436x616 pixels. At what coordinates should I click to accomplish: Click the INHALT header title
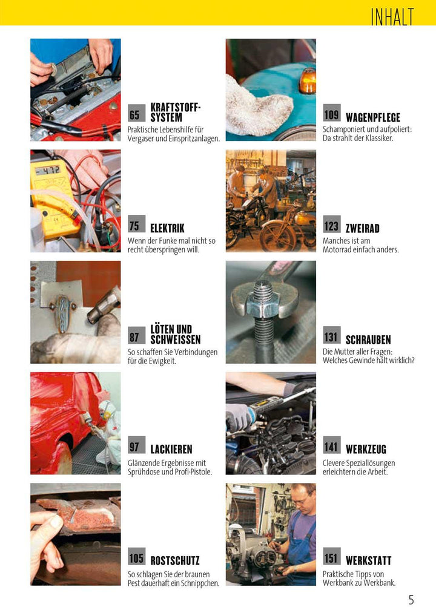click(x=392, y=17)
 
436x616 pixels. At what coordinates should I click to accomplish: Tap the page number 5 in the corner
click(x=411, y=600)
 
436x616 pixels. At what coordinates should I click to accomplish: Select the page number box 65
click(x=134, y=115)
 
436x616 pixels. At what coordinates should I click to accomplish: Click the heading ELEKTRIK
click(x=167, y=229)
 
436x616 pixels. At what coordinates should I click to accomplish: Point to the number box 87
click(x=134, y=337)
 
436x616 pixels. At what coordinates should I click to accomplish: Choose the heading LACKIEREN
click(x=171, y=450)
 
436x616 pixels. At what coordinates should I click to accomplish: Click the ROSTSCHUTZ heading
click(x=174, y=561)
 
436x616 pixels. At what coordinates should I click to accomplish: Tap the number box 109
click(x=331, y=113)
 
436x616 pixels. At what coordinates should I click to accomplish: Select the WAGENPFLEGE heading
click(x=373, y=117)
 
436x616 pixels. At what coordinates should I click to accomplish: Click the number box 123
click(x=331, y=226)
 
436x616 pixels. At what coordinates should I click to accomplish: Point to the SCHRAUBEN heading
click(x=368, y=340)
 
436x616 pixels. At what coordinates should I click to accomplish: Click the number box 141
click(x=331, y=447)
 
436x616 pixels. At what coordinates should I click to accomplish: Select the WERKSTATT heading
click(x=368, y=561)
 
